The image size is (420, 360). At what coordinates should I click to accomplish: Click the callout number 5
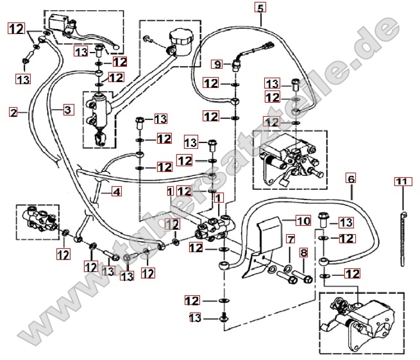(260, 8)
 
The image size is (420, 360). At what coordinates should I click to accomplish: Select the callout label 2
(13, 112)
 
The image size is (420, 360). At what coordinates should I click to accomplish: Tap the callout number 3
(67, 110)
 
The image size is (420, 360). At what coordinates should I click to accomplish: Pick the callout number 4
(116, 191)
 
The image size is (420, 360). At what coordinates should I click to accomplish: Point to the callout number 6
(351, 178)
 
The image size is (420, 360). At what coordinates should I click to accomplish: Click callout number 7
(290, 239)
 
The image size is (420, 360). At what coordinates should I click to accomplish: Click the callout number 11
(401, 182)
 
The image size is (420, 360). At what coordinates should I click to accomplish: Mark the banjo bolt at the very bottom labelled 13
(223, 317)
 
